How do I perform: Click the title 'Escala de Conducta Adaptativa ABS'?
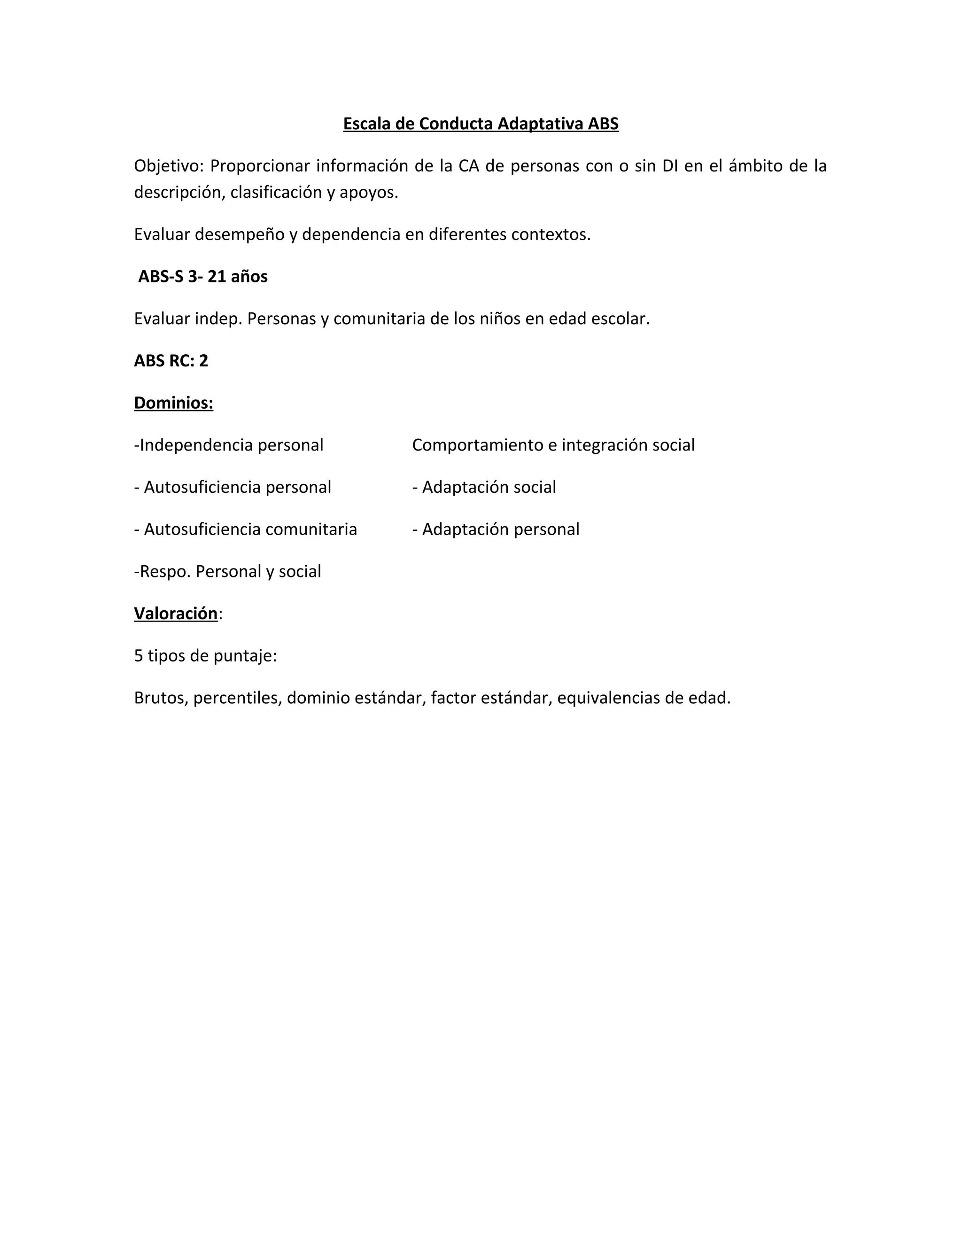[x=481, y=124]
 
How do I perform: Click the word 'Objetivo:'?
[x=169, y=166]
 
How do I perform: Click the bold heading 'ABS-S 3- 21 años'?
[x=203, y=276]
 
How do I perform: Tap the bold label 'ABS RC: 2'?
[x=171, y=361]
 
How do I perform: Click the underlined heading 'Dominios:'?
[x=173, y=403]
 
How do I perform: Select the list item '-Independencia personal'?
[x=229, y=445]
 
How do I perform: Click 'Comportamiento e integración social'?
[x=553, y=445]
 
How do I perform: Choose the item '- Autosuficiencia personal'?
[x=233, y=487]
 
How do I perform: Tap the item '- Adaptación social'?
[x=484, y=487]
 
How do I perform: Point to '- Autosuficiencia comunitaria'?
[x=246, y=529]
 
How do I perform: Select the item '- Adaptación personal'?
[x=495, y=529]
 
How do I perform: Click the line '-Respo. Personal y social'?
[x=227, y=572]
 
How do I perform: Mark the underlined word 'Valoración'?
[x=176, y=614]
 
